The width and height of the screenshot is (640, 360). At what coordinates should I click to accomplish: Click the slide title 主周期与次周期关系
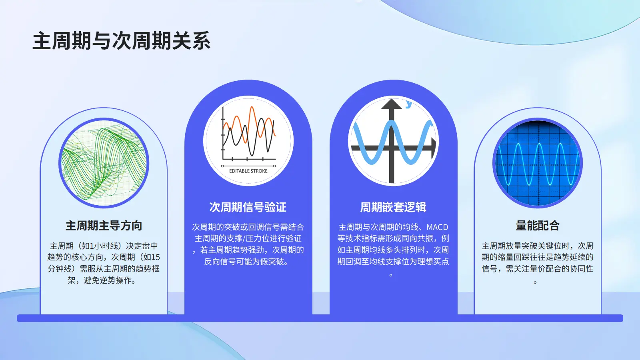tap(122, 41)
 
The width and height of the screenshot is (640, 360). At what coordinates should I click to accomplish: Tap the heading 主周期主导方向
tap(104, 226)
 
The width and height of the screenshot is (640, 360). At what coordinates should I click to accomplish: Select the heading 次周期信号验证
tap(248, 207)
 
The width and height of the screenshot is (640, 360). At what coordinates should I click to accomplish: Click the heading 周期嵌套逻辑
tap(393, 207)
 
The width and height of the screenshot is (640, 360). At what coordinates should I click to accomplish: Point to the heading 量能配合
tap(538, 226)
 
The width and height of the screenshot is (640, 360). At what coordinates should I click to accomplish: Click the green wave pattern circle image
tap(104, 163)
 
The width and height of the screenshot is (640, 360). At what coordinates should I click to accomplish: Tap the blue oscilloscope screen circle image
tap(538, 163)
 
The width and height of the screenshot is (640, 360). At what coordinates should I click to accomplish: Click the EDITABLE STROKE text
tap(248, 171)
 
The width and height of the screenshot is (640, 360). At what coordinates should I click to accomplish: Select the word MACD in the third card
tap(437, 227)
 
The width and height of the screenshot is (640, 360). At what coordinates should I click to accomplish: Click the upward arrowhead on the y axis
tap(392, 104)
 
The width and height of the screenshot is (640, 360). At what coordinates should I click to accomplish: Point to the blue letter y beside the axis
tap(409, 104)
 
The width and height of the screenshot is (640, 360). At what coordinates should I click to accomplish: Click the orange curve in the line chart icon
tap(249, 125)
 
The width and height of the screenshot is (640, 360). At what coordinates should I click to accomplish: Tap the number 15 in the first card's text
tap(156, 257)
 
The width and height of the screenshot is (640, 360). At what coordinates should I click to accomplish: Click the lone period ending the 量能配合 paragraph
tap(535, 282)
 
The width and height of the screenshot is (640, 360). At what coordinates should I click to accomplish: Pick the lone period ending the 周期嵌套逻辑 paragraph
tap(391, 275)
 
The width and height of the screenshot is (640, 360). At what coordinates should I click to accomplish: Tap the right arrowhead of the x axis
tap(434, 148)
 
